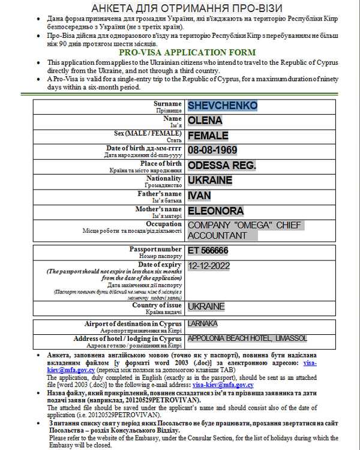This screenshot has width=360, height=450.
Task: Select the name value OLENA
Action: point(205,120)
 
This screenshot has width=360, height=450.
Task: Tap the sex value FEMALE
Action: point(208,135)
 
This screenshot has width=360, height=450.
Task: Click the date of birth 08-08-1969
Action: point(212,150)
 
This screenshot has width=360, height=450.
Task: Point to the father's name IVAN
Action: point(199,196)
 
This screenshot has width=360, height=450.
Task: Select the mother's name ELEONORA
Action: point(216,211)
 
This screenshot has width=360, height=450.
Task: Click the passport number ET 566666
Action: point(208,250)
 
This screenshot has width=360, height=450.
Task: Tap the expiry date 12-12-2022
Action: point(209,266)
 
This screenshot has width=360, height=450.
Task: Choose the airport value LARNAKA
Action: point(203,324)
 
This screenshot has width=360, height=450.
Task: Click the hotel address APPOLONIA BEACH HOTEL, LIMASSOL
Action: point(247,338)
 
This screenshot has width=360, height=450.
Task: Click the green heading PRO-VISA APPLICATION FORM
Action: point(179,53)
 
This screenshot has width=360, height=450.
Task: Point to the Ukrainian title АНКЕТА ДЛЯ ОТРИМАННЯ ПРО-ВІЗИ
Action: point(179,8)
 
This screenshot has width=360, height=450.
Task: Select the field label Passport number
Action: point(155,249)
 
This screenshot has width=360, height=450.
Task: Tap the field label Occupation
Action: point(163,224)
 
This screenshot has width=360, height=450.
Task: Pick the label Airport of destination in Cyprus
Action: point(133,324)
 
